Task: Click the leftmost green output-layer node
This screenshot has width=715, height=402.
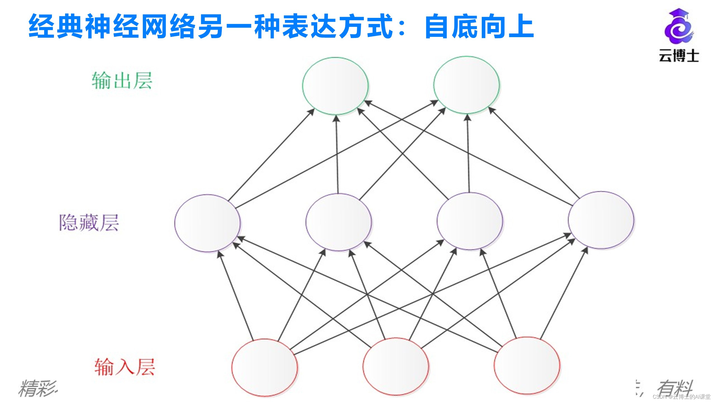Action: (x=335, y=86)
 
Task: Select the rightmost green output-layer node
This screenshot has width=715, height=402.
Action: (x=466, y=85)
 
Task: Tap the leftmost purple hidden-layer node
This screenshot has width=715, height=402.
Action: (x=207, y=223)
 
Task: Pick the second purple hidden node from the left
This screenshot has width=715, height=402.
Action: (x=339, y=222)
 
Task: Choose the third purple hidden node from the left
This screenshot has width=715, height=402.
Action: (x=470, y=221)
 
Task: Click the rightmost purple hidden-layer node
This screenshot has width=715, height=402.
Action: (x=601, y=220)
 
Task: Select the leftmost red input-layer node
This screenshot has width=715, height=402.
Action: (x=264, y=367)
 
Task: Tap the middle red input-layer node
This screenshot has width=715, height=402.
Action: (x=396, y=366)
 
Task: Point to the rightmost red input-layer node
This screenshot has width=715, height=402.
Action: (x=527, y=365)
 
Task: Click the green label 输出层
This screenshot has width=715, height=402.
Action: (x=122, y=81)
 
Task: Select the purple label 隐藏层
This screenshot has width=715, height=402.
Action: (x=89, y=222)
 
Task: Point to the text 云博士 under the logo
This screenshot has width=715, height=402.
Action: (x=679, y=56)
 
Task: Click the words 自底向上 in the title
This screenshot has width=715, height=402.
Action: (x=479, y=27)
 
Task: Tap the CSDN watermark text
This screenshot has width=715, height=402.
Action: (x=681, y=397)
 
